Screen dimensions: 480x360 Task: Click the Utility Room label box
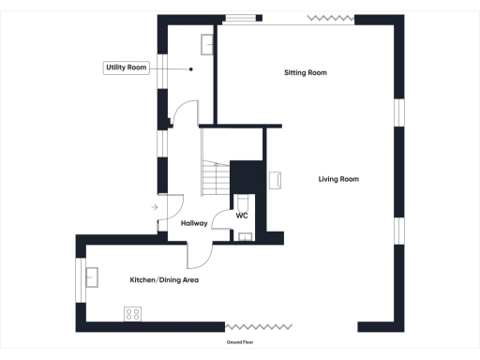tap(126, 67)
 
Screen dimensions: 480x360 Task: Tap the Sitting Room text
tap(306, 72)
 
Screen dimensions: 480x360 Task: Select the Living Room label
tap(338, 179)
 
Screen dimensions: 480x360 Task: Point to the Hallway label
tap(194, 223)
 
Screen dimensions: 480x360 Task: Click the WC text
tap(241, 216)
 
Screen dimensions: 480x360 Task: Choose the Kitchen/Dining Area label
tap(164, 280)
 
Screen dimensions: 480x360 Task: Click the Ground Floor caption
tap(240, 343)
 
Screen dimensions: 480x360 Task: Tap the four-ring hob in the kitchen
tap(132, 314)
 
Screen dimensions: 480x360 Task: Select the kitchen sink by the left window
tap(93, 277)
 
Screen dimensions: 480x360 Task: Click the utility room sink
tap(205, 42)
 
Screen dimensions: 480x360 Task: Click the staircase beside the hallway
tap(217, 178)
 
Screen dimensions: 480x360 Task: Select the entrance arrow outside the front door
tap(155, 207)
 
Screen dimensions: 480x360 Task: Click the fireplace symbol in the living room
tap(276, 180)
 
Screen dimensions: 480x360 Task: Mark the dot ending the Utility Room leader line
tap(191, 68)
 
